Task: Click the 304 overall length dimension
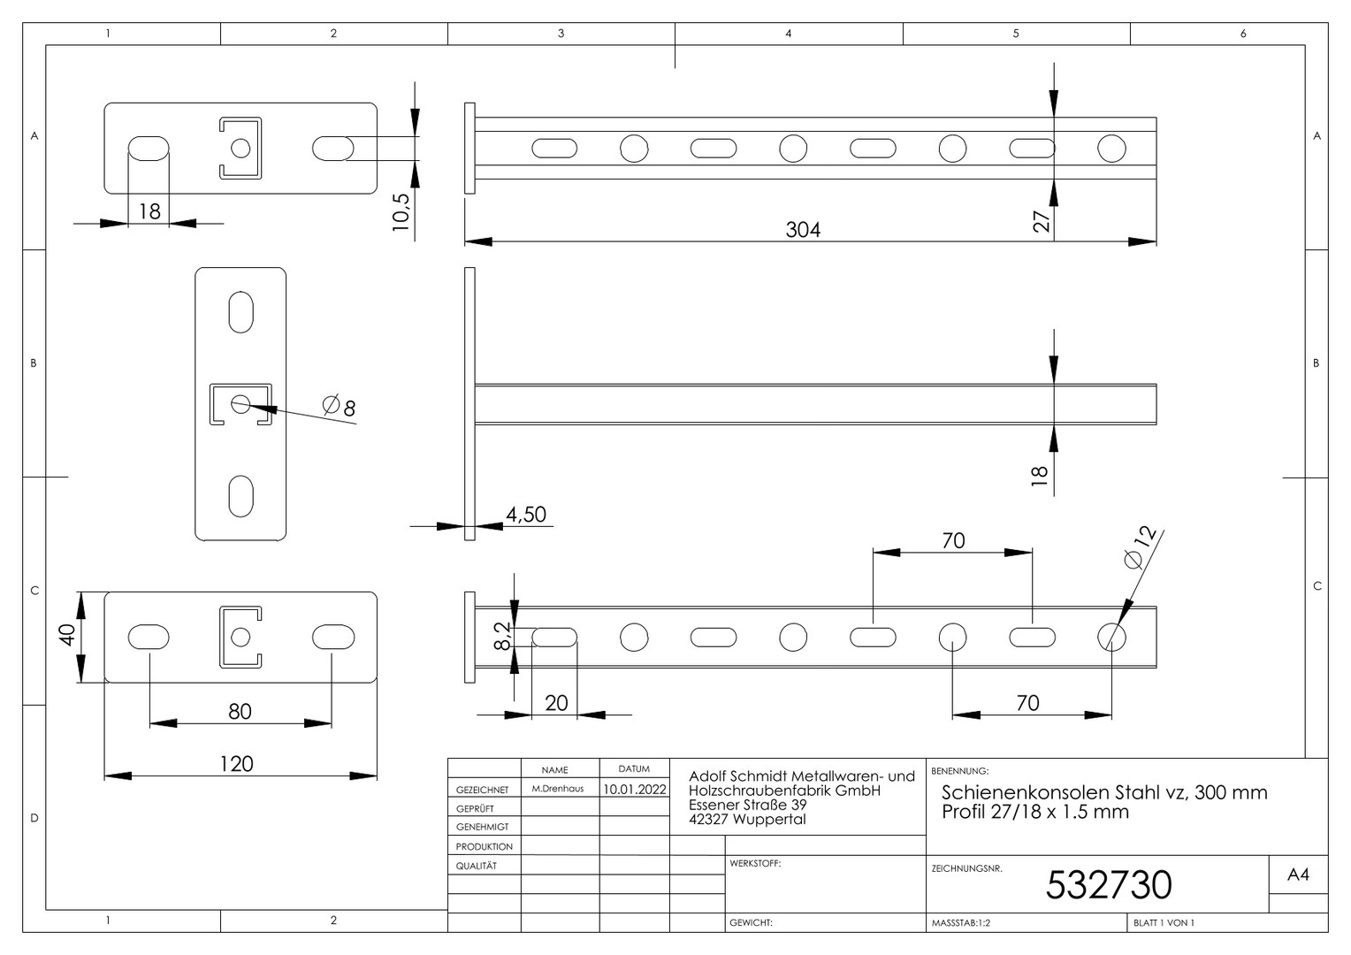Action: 803,230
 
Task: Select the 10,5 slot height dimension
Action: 401,211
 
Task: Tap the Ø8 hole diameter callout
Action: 339,406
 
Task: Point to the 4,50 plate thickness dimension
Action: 526,515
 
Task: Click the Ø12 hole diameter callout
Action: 1141,547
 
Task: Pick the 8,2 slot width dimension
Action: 502,636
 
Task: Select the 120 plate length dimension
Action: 236,764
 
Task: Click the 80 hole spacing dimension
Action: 240,712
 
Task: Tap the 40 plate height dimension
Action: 67,635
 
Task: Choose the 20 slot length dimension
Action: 556,704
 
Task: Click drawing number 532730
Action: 1109,885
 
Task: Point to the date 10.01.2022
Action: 635,789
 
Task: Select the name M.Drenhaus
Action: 557,789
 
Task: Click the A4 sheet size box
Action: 1298,875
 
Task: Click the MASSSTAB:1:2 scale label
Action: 961,923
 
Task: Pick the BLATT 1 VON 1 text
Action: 1164,923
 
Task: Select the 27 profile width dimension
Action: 1042,221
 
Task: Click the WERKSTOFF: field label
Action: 755,864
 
